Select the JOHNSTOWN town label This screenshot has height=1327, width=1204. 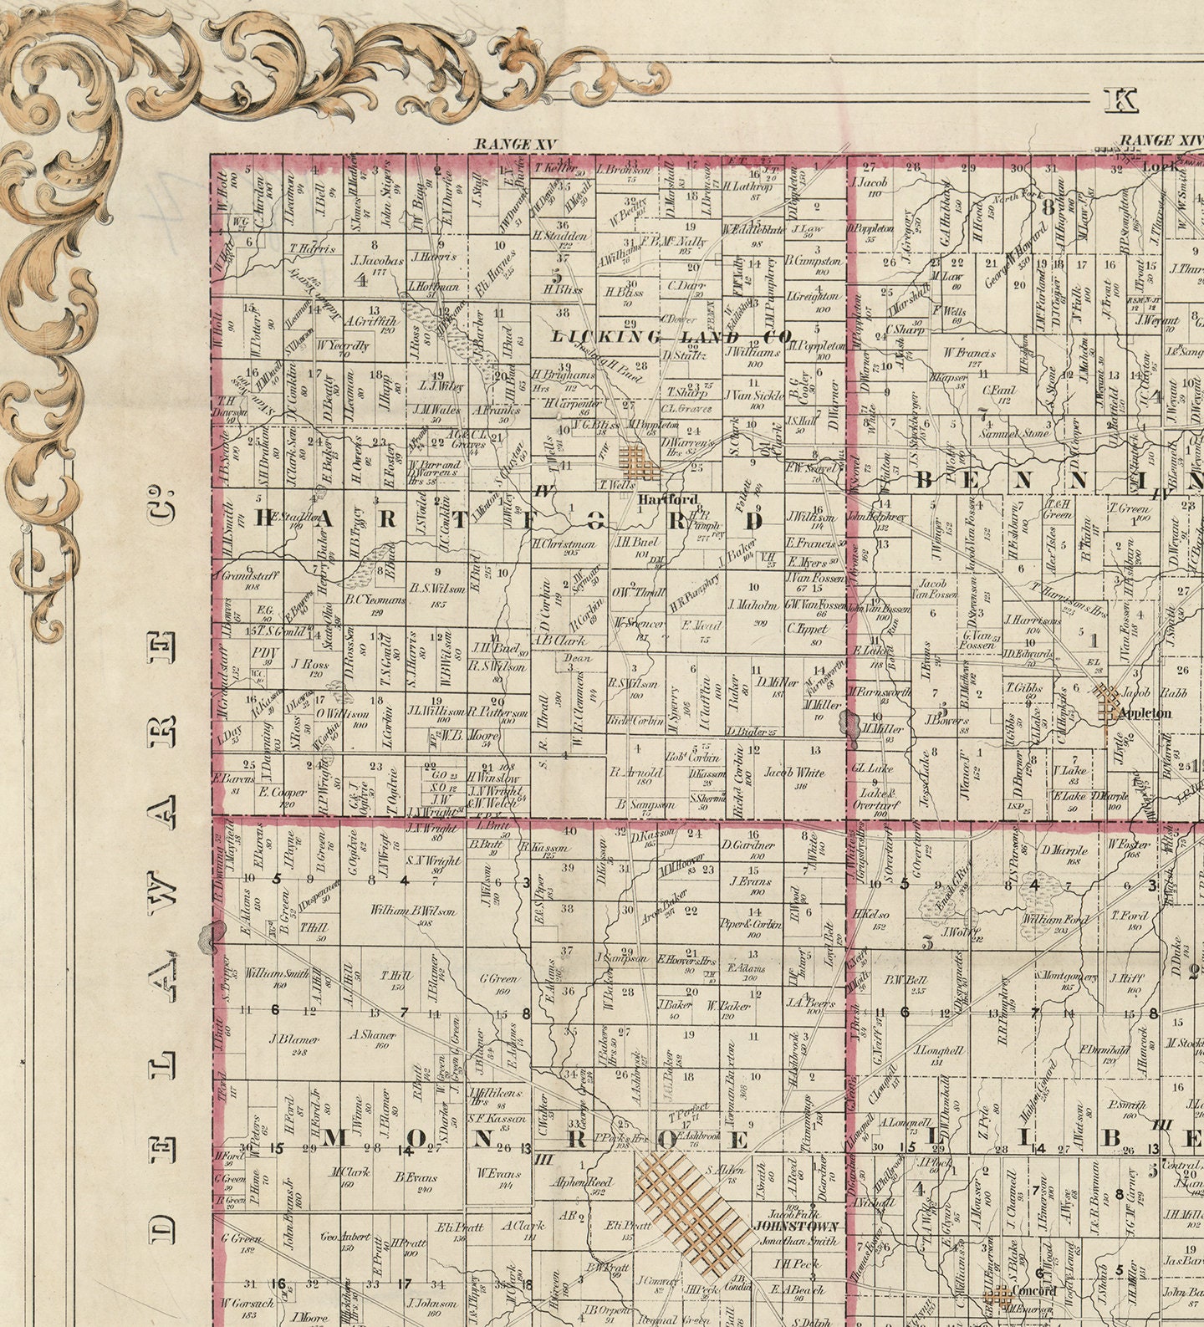tap(794, 1226)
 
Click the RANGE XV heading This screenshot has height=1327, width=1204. tap(515, 144)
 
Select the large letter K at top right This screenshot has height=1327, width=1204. tap(1120, 101)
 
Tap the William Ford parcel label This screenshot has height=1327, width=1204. tap(1055, 920)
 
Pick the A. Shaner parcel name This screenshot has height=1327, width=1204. tap(371, 1034)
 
